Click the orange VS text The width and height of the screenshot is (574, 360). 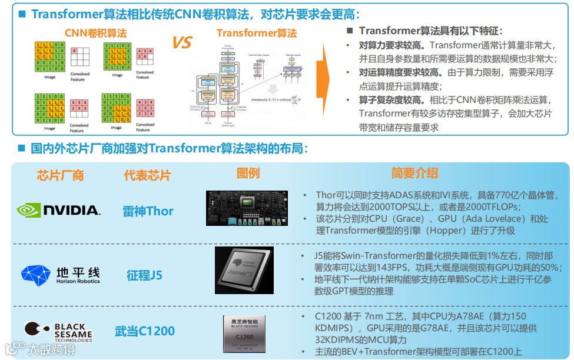[183, 42]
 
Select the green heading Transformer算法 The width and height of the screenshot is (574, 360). [257, 33]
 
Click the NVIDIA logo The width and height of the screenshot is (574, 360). [58, 210]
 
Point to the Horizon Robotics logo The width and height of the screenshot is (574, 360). [60, 275]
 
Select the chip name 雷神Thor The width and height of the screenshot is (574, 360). [148, 211]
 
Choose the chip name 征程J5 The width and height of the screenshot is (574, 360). [144, 275]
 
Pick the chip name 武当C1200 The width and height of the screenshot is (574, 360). [145, 331]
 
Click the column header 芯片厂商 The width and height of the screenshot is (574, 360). [60, 175]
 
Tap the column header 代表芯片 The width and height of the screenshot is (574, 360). [147, 175]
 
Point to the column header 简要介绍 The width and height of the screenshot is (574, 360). [414, 173]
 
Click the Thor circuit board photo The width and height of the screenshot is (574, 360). [247, 208]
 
